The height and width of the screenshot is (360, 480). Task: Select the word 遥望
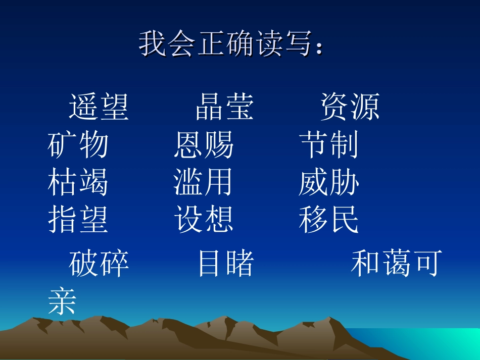(x=99, y=107)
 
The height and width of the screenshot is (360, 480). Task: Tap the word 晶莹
(x=225, y=107)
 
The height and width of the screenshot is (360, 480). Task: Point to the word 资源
(x=350, y=107)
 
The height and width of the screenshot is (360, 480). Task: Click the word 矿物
(x=78, y=145)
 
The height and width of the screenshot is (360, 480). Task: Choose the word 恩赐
(x=204, y=145)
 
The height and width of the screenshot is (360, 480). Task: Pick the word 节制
(x=329, y=145)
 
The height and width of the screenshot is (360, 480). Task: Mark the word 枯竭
(x=78, y=182)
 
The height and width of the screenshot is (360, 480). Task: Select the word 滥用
(x=204, y=182)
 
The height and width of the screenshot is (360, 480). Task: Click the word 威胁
(x=329, y=182)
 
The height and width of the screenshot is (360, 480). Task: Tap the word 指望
(x=78, y=220)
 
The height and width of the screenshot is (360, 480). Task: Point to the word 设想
(x=204, y=220)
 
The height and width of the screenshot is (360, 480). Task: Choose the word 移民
(x=329, y=220)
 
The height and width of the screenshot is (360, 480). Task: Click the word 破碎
(x=99, y=264)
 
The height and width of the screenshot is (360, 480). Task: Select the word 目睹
(x=225, y=264)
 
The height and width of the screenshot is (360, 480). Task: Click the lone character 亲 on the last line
(x=62, y=302)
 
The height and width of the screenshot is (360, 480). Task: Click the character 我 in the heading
(x=153, y=43)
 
